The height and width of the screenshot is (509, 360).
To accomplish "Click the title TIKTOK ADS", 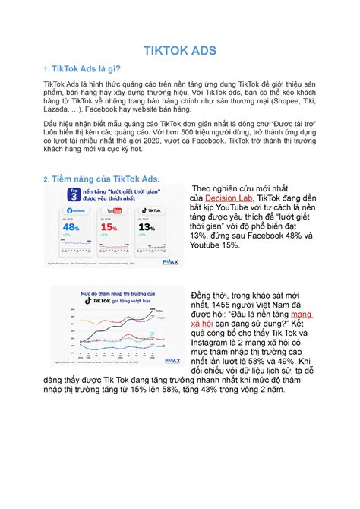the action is [179, 52].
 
